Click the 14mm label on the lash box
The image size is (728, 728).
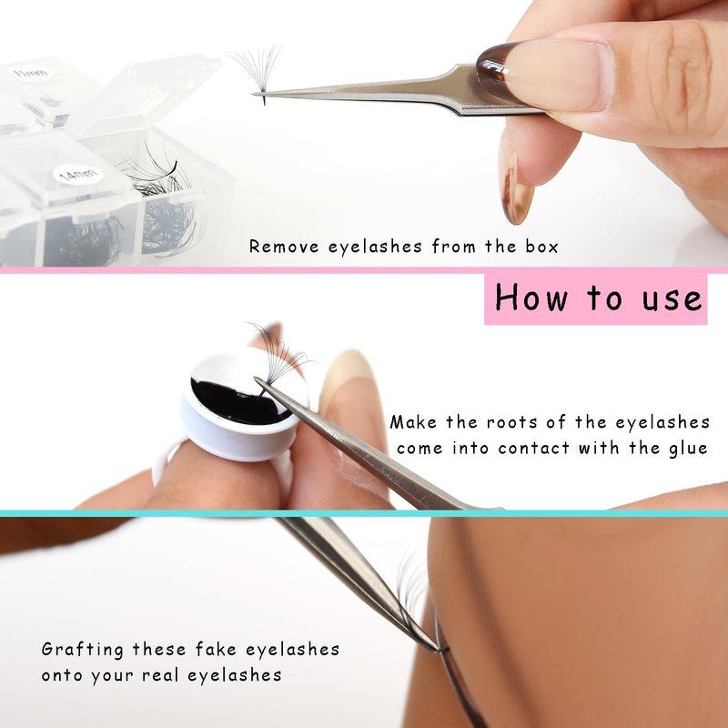[x=77, y=175]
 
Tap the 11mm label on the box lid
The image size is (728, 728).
[x=31, y=73]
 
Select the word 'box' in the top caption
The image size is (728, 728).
[x=541, y=246]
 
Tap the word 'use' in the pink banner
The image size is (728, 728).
[x=672, y=298]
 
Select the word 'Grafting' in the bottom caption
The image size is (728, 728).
[x=83, y=650]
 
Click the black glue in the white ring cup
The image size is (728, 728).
[x=237, y=401]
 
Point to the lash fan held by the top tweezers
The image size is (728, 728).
[x=258, y=72]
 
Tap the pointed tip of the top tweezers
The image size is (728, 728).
[x=254, y=95]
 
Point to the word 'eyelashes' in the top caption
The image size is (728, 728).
[x=375, y=247]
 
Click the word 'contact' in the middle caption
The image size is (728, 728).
[x=533, y=449]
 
